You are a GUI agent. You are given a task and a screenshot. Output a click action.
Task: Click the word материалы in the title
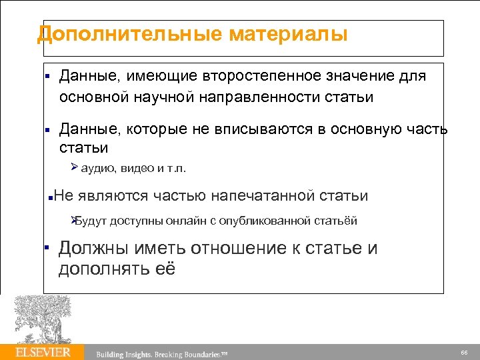tap(288, 34)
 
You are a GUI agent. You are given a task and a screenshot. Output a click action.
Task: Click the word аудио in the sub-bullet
tap(99, 168)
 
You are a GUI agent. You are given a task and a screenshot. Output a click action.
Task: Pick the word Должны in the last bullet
tap(93, 249)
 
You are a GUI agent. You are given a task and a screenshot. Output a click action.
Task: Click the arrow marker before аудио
tap(75, 167)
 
